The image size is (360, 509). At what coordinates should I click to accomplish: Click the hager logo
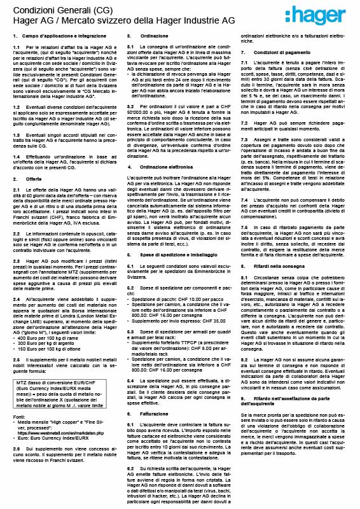[x=321, y=17]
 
